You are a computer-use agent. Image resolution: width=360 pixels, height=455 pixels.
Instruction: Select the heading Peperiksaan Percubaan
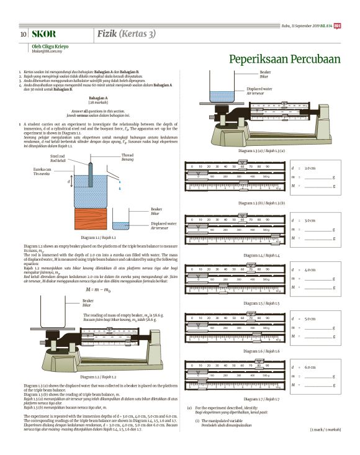click(285, 60)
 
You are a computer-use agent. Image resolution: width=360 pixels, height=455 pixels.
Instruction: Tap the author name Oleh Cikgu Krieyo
click(50, 46)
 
